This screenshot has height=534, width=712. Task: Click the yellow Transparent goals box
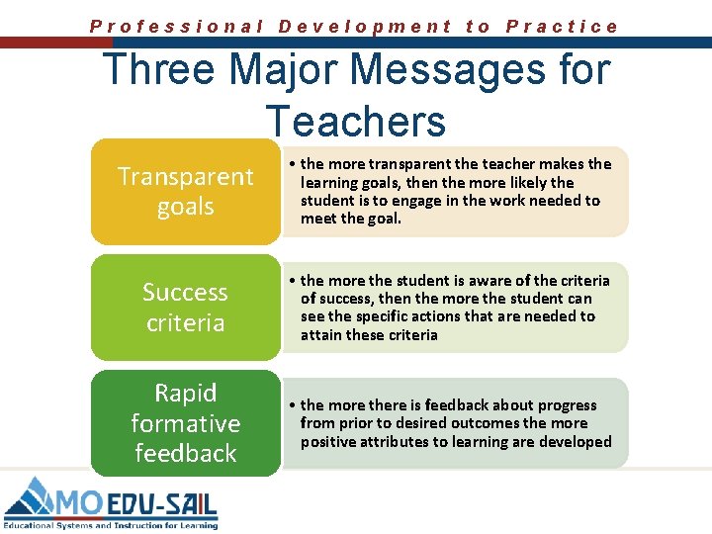coord(185,191)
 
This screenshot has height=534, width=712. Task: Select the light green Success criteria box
coord(185,308)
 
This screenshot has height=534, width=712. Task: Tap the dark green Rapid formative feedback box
coord(185,423)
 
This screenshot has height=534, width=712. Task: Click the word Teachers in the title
coord(356,122)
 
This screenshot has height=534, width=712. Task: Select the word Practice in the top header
coord(562,27)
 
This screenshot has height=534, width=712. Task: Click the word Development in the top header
coord(365,27)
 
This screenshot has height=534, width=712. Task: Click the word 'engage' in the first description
coord(440,201)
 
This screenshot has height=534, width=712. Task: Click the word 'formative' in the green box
coord(185,423)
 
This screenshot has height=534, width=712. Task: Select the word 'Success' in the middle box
coord(185,293)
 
